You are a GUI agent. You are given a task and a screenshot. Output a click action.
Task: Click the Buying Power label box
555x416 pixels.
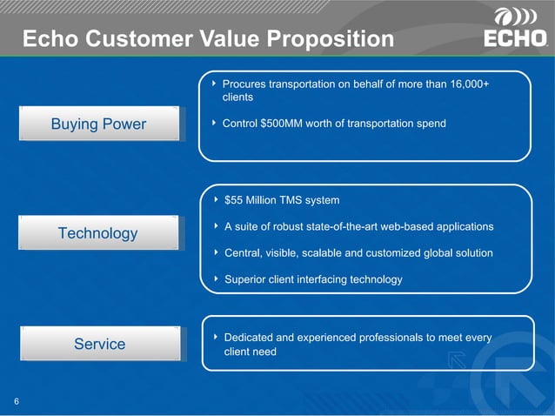pyautogui.click(x=99, y=124)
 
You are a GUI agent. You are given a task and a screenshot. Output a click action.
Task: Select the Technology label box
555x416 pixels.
pyautogui.click(x=99, y=232)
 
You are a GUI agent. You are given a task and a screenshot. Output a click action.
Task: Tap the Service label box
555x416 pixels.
pyautogui.click(x=99, y=344)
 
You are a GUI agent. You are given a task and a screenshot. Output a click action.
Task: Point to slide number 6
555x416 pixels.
pyautogui.click(x=17, y=401)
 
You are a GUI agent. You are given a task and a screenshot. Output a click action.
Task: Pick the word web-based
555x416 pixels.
pyautogui.click(x=396, y=226)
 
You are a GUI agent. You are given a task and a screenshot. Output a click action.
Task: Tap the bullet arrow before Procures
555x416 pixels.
pyautogui.click(x=214, y=84)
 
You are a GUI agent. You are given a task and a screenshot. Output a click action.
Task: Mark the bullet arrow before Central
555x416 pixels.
pyautogui.click(x=214, y=253)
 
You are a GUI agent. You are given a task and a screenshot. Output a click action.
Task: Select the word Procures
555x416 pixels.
pyautogui.click(x=246, y=84)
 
